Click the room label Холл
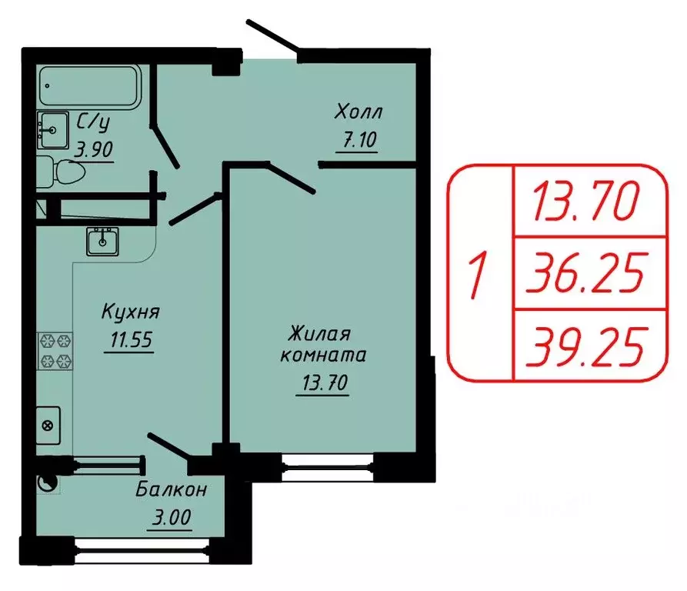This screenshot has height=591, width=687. pyautogui.click(x=358, y=112)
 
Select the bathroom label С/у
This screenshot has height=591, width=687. pyautogui.click(x=93, y=122)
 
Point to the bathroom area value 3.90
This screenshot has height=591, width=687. pyautogui.click(x=93, y=149)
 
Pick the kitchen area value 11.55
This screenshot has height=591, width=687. pyautogui.click(x=129, y=339)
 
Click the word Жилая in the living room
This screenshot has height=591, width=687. pyautogui.click(x=319, y=334)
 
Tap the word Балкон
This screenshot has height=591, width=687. pyautogui.click(x=172, y=489)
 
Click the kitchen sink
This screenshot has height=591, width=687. pyautogui.click(x=102, y=242)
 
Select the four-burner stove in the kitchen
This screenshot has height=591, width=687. pyautogui.click(x=55, y=350)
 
